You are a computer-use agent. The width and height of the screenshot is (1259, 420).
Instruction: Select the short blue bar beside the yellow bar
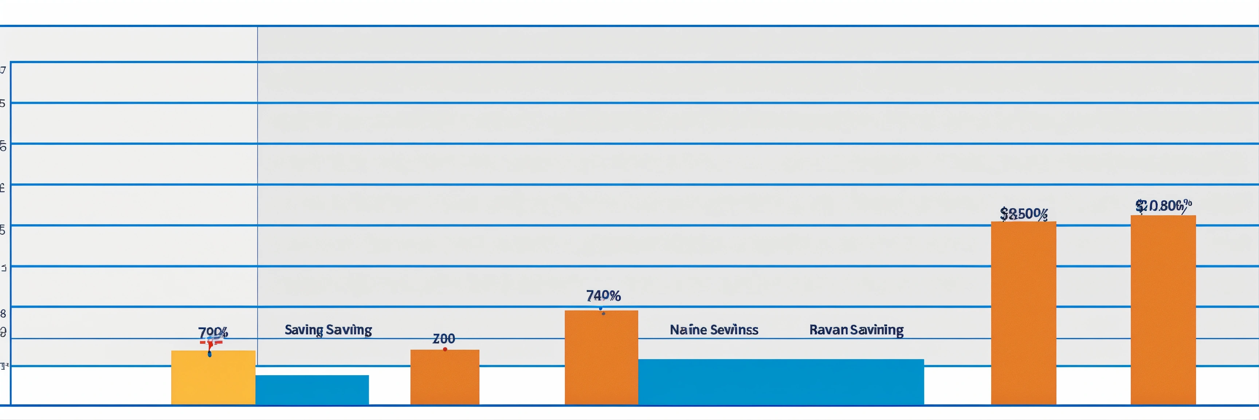coord(312,390)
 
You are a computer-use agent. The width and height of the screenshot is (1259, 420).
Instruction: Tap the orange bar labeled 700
coord(445,377)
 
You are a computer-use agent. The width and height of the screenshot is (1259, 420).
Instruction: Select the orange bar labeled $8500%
coord(1023,313)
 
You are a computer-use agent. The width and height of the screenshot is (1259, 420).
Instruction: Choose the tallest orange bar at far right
coord(1163,310)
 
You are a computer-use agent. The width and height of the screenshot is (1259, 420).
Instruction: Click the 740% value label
coord(603,296)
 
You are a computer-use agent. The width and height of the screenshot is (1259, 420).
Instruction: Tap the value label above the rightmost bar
coord(1163,206)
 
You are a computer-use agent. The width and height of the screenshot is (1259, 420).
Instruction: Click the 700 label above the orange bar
coord(444,338)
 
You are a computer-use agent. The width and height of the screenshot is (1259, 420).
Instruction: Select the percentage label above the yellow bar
coord(213,333)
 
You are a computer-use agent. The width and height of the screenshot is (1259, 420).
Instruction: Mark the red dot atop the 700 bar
coord(445,349)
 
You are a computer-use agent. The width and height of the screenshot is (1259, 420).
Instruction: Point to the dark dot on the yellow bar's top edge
coord(210,354)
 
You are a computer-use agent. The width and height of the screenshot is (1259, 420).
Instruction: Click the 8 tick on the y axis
coord(3,313)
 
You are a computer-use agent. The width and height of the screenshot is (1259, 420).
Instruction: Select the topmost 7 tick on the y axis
coord(3,70)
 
